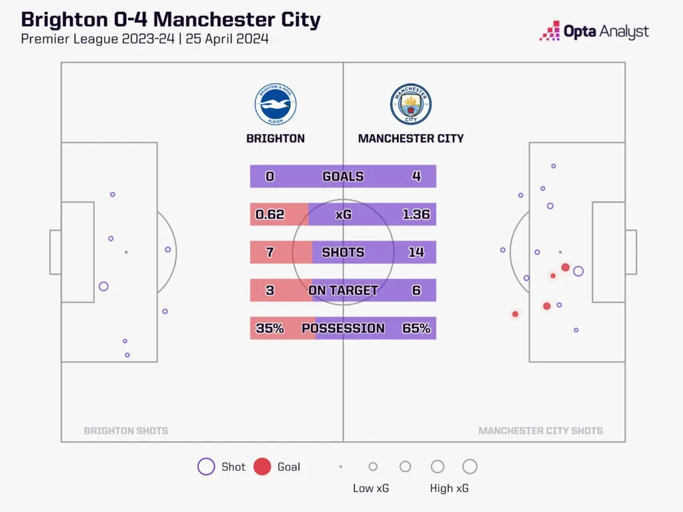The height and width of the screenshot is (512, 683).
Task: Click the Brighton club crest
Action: (x=275, y=105)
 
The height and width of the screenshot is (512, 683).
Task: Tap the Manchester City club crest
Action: (x=411, y=105)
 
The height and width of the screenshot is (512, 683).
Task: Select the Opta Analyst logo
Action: (x=594, y=31)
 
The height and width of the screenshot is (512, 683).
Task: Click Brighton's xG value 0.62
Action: (x=269, y=214)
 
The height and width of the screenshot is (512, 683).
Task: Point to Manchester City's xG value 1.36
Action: (x=416, y=214)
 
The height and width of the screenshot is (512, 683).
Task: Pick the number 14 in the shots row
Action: (x=416, y=252)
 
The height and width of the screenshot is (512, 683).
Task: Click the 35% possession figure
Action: (x=269, y=328)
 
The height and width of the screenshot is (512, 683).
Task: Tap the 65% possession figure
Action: (x=416, y=328)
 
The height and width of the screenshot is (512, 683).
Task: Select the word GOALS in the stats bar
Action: (x=344, y=176)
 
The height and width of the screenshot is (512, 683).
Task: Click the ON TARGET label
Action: (x=344, y=290)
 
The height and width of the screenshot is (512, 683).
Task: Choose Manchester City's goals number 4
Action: (x=416, y=176)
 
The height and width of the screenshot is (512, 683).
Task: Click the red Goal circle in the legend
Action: (x=262, y=467)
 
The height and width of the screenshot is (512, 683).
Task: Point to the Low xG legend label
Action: (x=371, y=488)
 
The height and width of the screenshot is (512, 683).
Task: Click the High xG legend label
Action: (x=449, y=488)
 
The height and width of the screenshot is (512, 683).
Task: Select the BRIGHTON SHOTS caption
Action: (x=126, y=431)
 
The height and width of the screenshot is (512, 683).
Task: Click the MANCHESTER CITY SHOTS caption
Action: (x=540, y=431)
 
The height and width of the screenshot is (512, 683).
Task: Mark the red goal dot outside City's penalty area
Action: (x=516, y=314)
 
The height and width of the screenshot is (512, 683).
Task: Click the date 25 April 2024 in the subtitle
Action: (x=227, y=39)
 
